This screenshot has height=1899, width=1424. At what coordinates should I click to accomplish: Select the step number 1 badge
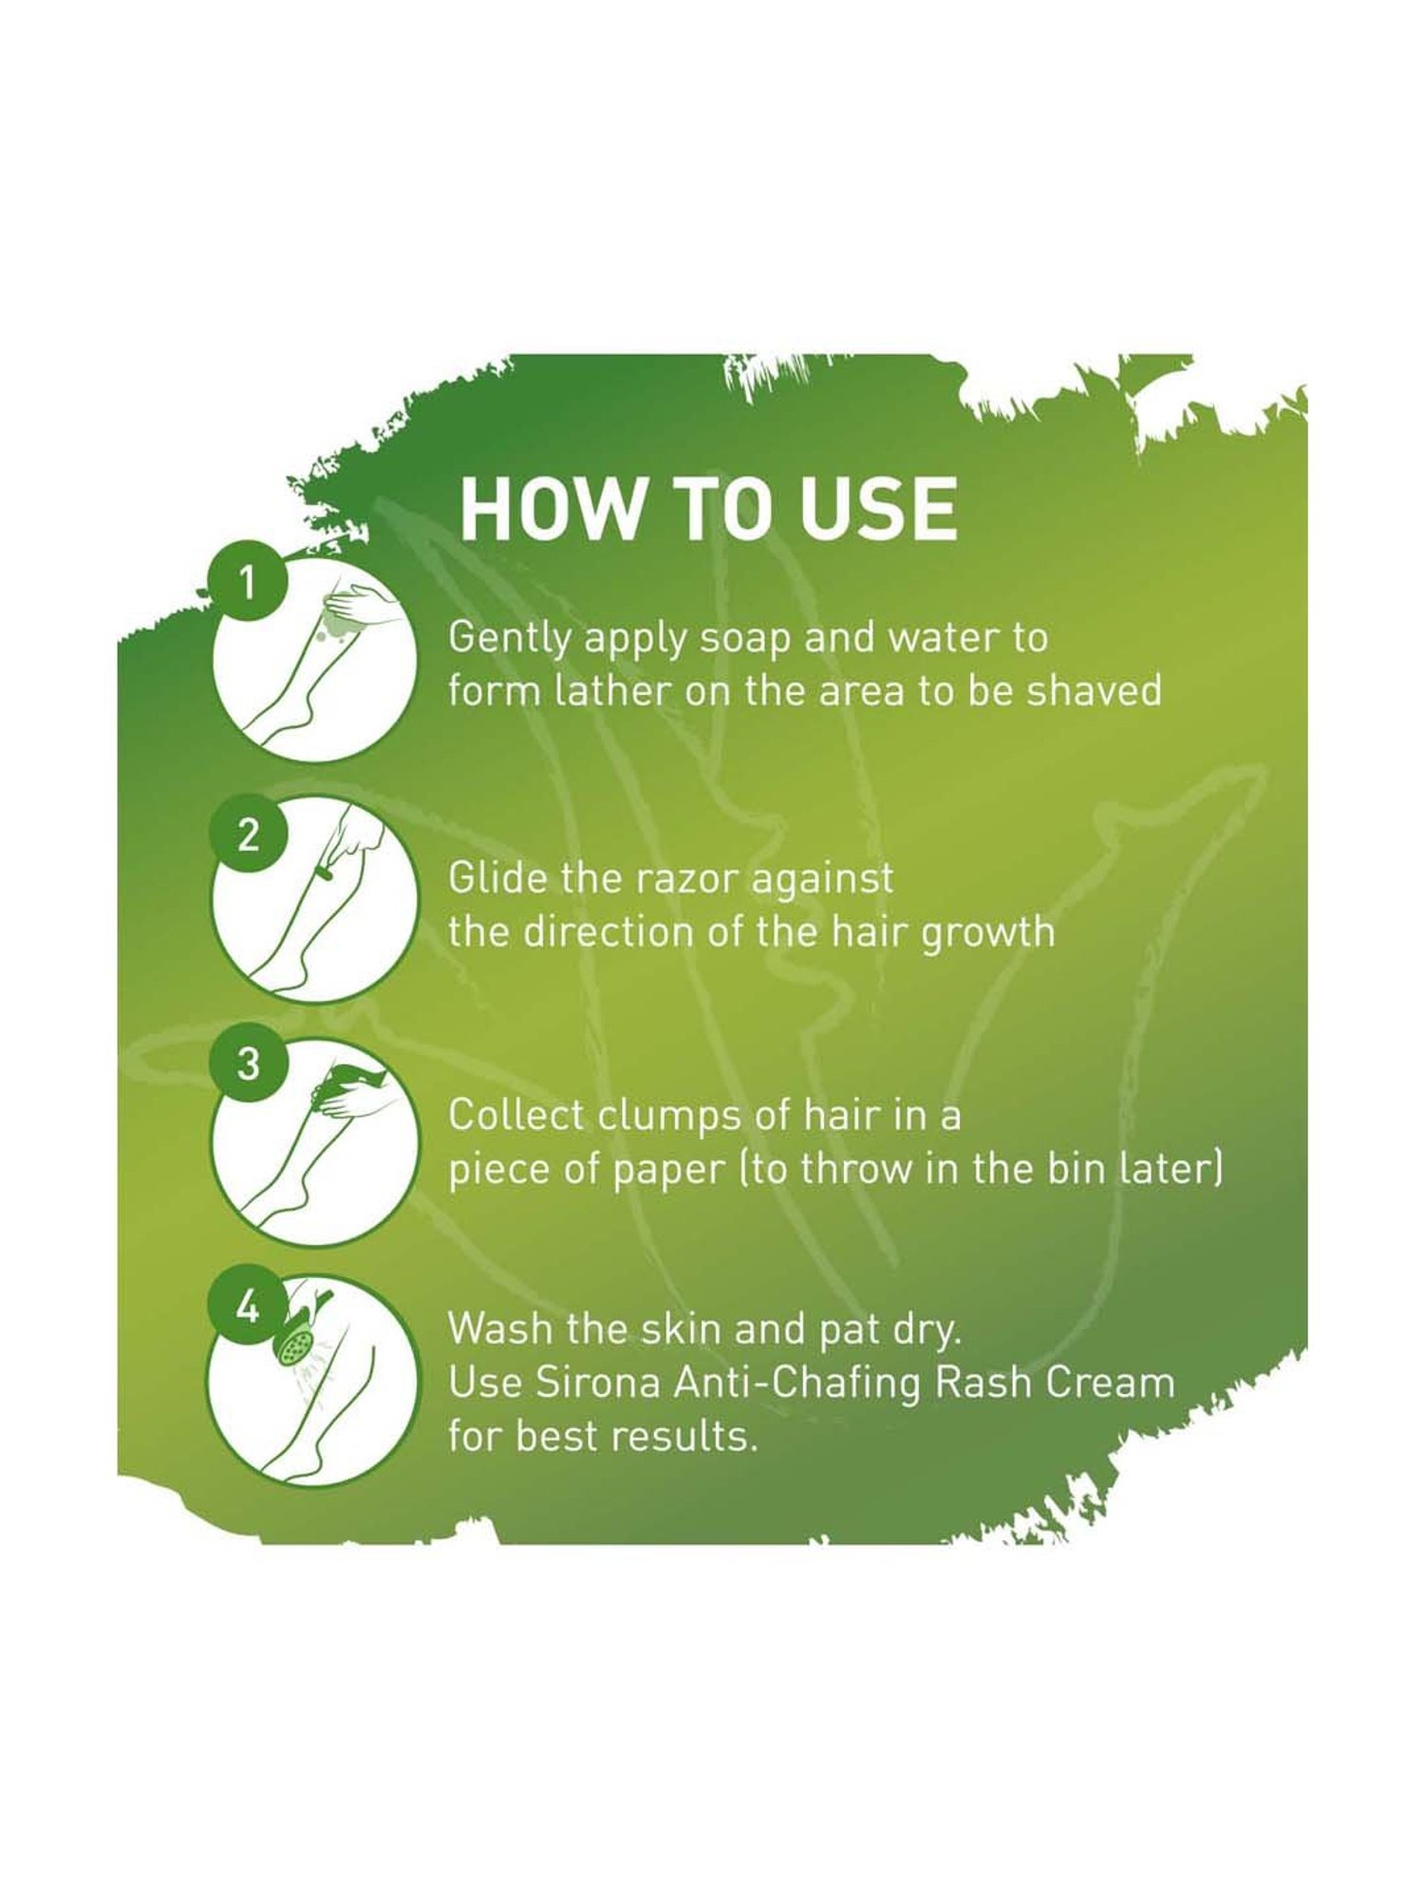coord(247,583)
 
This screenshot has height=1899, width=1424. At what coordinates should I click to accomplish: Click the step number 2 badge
coord(247,837)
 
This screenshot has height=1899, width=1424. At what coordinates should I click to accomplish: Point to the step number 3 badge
coord(247,1064)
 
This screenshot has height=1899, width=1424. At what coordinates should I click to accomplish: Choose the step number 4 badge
coord(247,1311)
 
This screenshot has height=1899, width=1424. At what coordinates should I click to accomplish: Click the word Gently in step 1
coord(510,639)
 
